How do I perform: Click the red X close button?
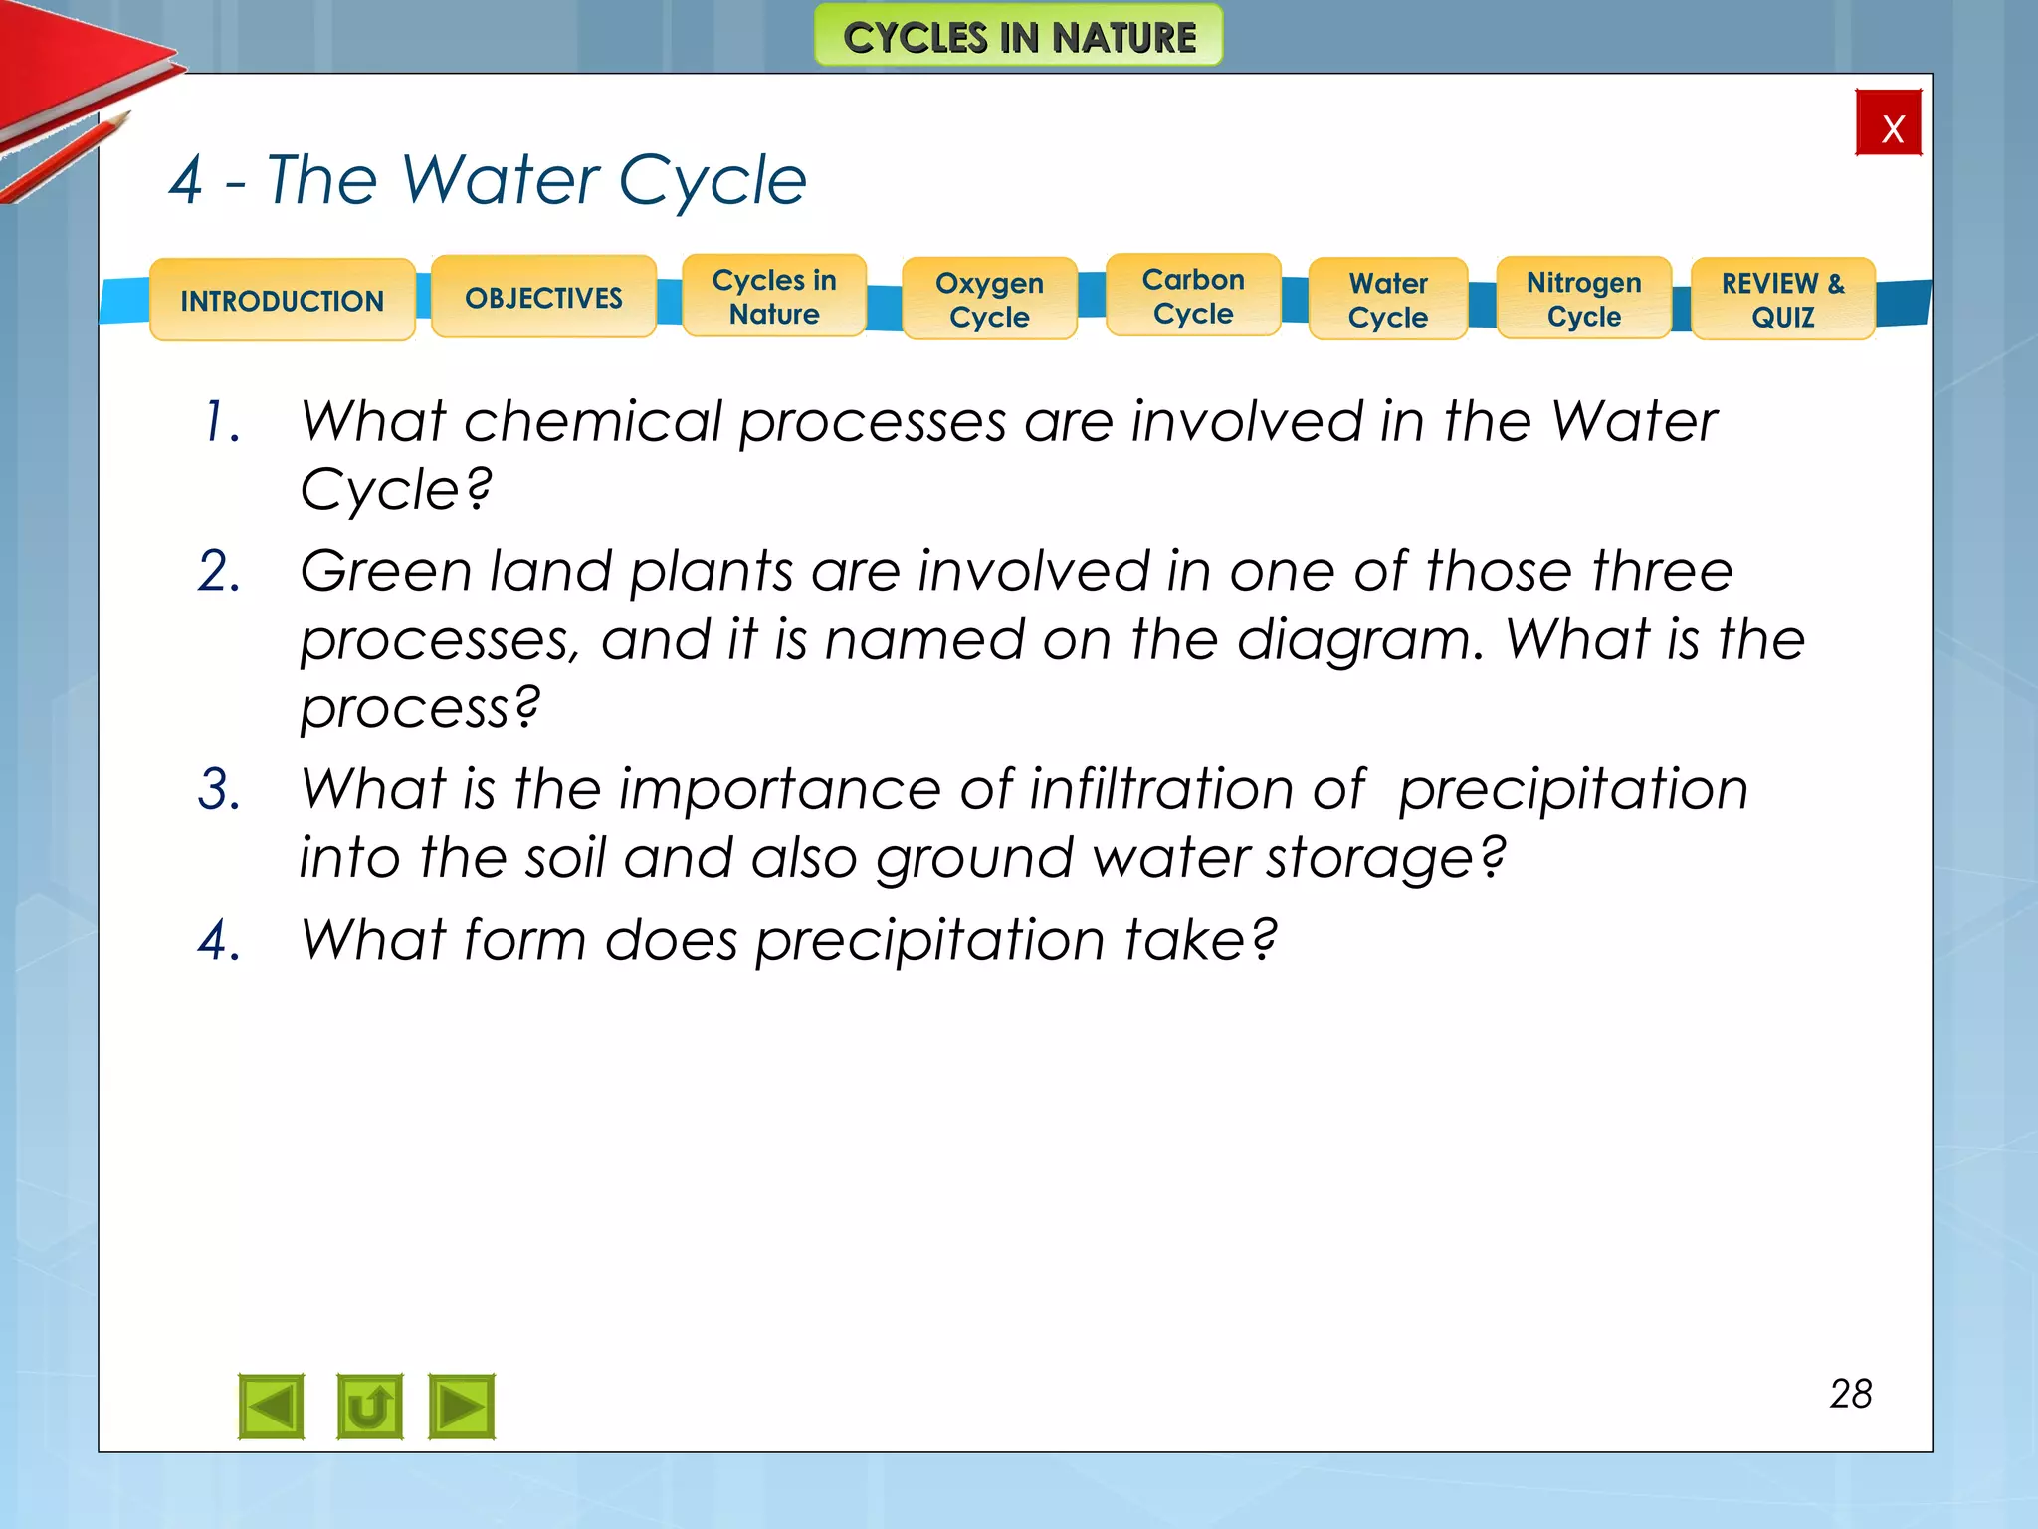click(x=1888, y=123)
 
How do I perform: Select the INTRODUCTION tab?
click(x=283, y=300)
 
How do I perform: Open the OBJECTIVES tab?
click(x=543, y=297)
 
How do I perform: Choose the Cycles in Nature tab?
click(x=774, y=297)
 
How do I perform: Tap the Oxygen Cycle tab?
click(x=989, y=300)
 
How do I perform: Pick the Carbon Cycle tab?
click(x=1193, y=296)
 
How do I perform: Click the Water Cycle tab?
click(x=1388, y=300)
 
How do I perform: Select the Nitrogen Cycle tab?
click(x=1584, y=299)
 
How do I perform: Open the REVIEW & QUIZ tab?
click(x=1783, y=300)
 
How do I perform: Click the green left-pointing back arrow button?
click(x=272, y=1407)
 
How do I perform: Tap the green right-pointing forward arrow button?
click(x=462, y=1407)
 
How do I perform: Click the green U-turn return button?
click(x=369, y=1407)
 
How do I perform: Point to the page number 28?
click(x=1851, y=1394)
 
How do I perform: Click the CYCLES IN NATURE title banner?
click(x=1019, y=37)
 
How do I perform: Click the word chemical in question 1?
click(x=592, y=422)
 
